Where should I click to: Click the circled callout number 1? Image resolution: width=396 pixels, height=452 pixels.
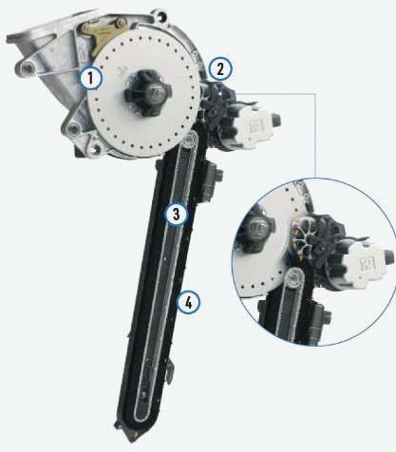(90, 78)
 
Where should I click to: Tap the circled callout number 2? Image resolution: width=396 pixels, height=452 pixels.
(220, 68)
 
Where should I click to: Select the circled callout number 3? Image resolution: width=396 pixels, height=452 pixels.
(177, 214)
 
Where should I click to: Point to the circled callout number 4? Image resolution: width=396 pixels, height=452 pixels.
(188, 303)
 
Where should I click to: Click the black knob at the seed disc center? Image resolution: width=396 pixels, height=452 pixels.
(147, 93)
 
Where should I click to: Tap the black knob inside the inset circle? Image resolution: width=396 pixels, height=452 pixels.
(256, 229)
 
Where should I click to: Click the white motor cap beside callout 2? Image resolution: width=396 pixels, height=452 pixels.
(257, 127)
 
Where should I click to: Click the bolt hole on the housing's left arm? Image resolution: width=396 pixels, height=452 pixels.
(28, 67)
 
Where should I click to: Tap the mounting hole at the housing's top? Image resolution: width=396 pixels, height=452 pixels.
(162, 15)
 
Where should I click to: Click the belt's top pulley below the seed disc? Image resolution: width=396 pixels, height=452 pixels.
(190, 140)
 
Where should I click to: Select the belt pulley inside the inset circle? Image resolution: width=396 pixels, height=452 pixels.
(295, 277)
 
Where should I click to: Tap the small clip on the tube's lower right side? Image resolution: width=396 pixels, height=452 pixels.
(170, 368)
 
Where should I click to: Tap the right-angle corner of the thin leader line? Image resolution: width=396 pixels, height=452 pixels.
(315, 94)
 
